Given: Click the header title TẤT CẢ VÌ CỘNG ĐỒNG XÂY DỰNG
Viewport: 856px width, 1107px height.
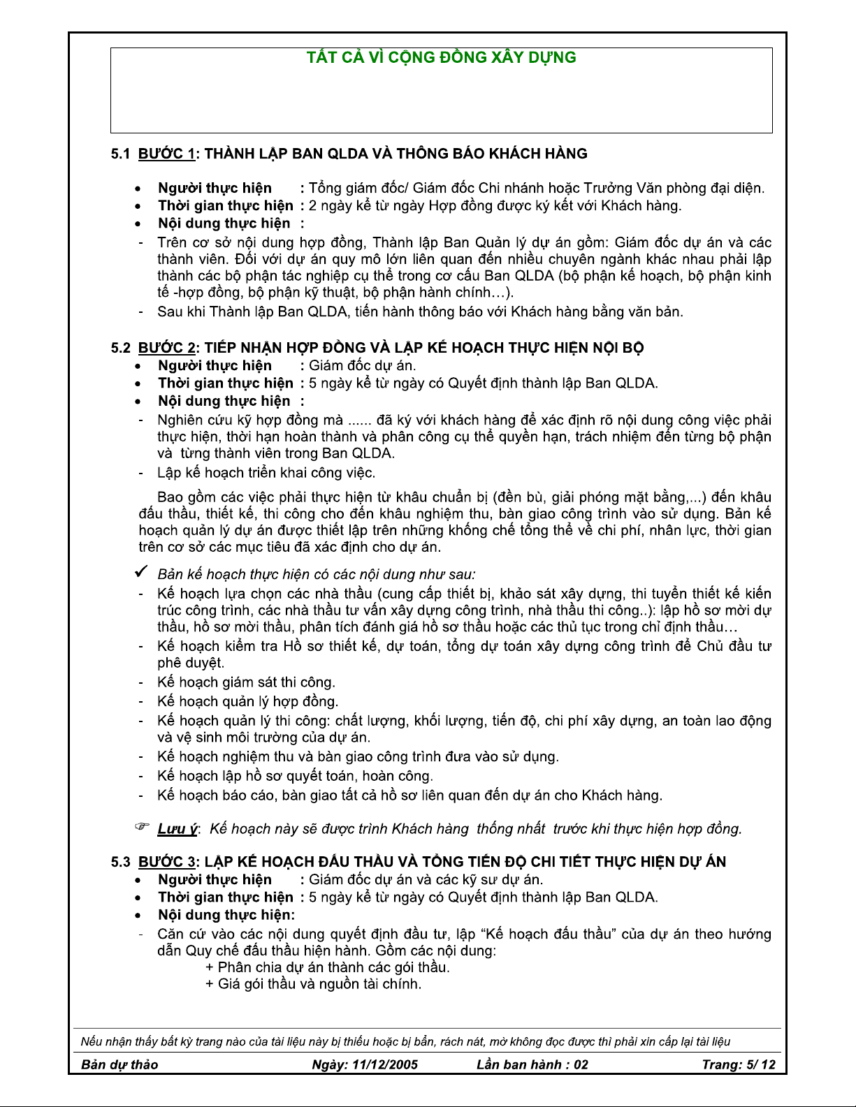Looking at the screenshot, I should [x=442, y=58].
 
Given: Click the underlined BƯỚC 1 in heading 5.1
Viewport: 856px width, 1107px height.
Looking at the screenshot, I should [x=166, y=154].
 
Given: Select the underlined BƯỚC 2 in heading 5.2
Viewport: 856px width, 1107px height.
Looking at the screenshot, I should [x=166, y=348].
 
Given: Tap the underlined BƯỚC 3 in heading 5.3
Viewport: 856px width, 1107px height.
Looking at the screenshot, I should [x=166, y=862].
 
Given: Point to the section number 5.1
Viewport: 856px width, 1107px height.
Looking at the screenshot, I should [x=121, y=154].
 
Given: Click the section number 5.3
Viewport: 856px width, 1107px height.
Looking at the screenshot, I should [x=121, y=862].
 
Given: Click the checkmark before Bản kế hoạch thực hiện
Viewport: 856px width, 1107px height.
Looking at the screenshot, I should [x=140, y=573].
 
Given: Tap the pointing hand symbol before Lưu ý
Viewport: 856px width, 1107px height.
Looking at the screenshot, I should [x=143, y=828].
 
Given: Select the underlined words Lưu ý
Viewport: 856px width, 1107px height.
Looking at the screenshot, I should [x=177, y=829].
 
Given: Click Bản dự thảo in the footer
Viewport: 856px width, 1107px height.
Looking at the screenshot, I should [x=119, y=1064].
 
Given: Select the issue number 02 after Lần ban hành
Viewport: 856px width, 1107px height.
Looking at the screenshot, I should [x=581, y=1064].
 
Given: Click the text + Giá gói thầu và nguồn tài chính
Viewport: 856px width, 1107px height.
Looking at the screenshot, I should [x=313, y=984].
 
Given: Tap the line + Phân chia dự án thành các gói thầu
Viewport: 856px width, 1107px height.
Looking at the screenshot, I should [x=327, y=967].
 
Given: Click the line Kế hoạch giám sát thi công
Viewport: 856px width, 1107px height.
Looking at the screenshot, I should [x=246, y=682].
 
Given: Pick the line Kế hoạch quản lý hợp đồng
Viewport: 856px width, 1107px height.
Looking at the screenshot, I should [x=247, y=701].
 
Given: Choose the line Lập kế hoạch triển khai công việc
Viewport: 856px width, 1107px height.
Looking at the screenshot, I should [x=266, y=473].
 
